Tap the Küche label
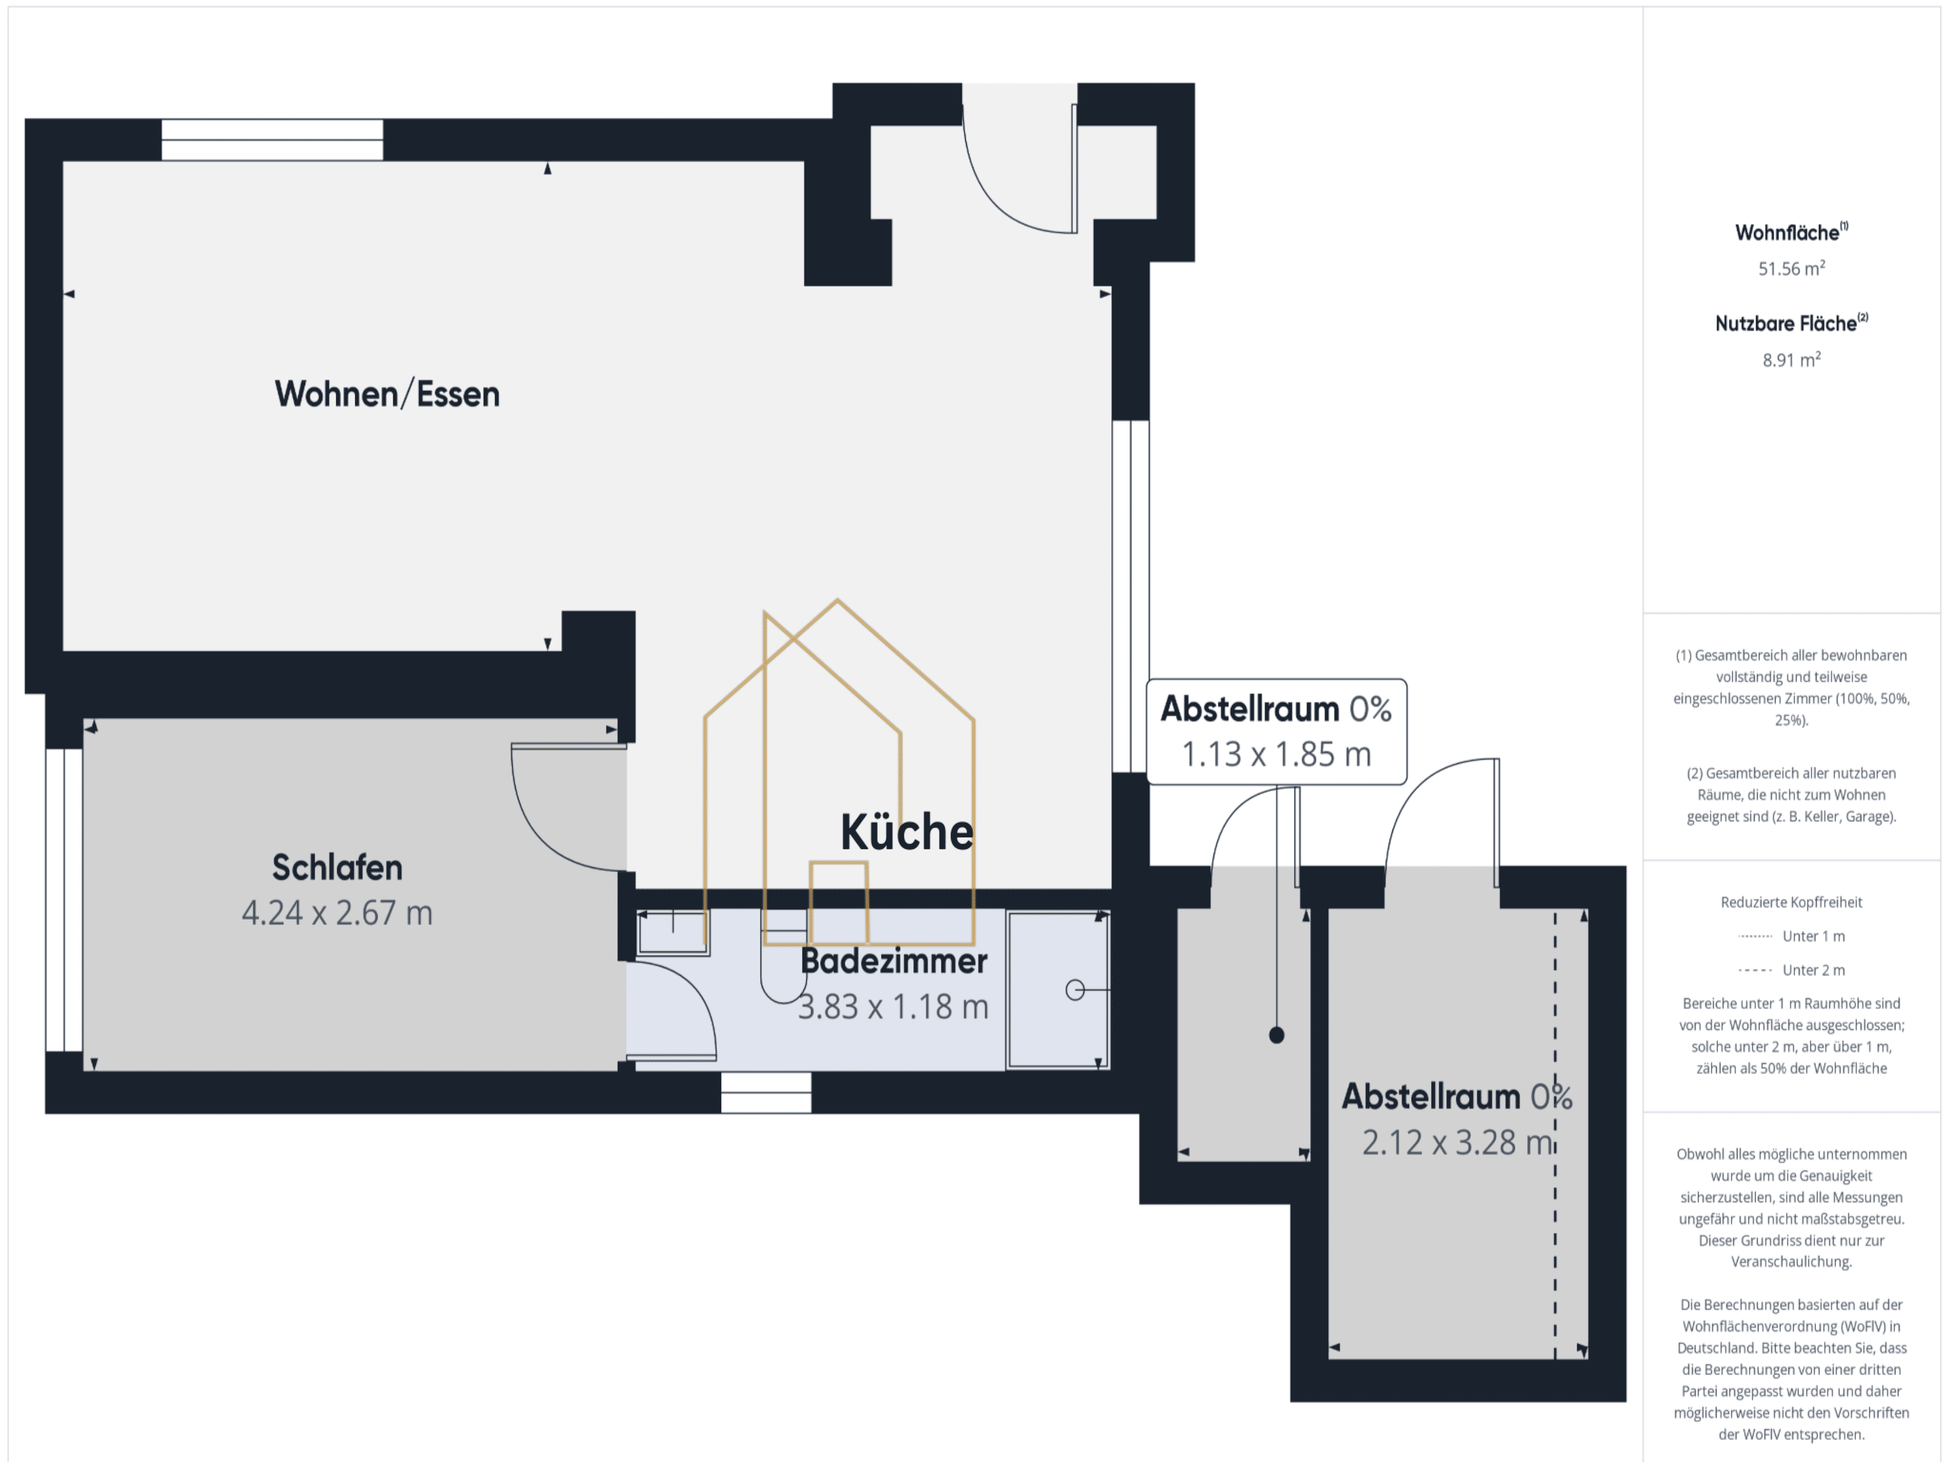click(x=907, y=832)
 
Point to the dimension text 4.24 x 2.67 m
click(x=338, y=913)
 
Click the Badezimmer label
click(x=894, y=961)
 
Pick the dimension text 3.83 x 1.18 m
click(x=894, y=1006)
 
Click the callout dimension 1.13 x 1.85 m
click(x=1277, y=754)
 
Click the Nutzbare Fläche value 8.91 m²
click(x=1791, y=360)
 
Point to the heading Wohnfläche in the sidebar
click(x=1791, y=232)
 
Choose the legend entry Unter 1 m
click(x=1791, y=936)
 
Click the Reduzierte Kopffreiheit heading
click(x=1791, y=903)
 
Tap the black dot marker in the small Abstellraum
click(x=1277, y=1036)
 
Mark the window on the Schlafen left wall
click(x=64, y=900)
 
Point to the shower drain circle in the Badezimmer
click(x=1075, y=991)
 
